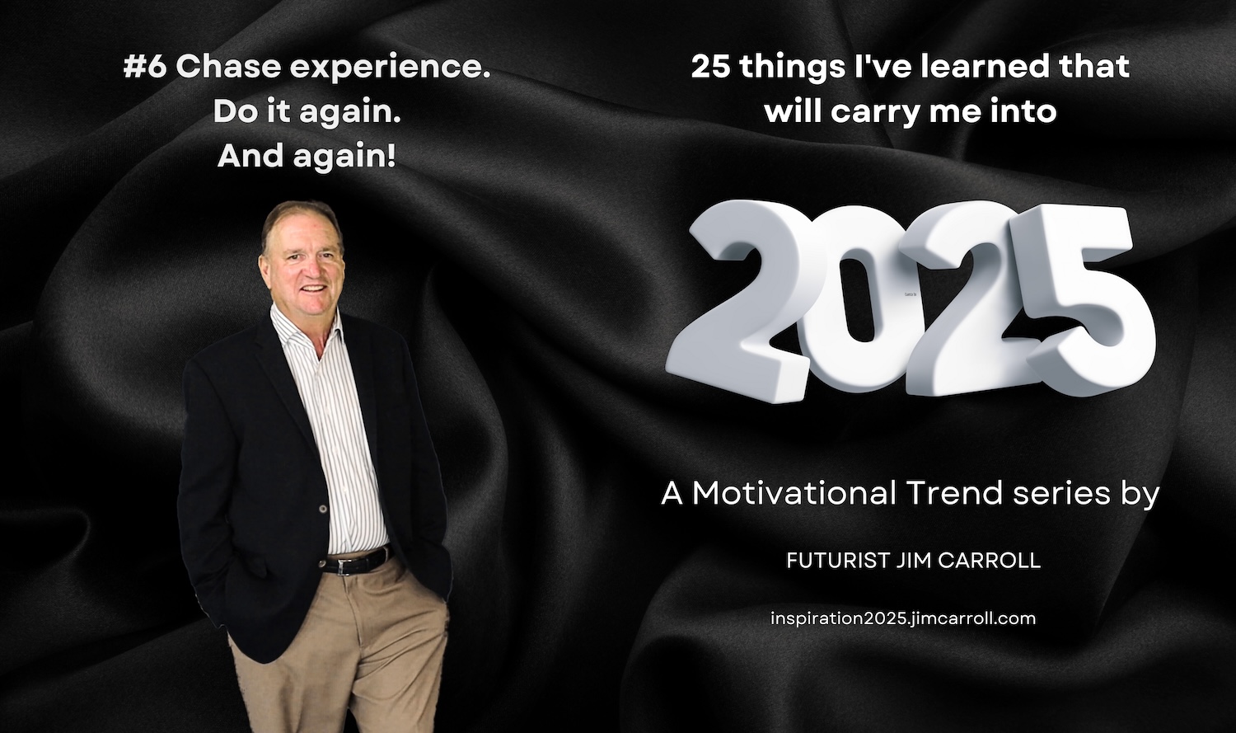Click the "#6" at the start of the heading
pyautogui.click(x=144, y=68)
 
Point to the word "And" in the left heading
pyautogui.click(x=251, y=156)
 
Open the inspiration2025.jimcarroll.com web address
pyautogui.click(x=903, y=618)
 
